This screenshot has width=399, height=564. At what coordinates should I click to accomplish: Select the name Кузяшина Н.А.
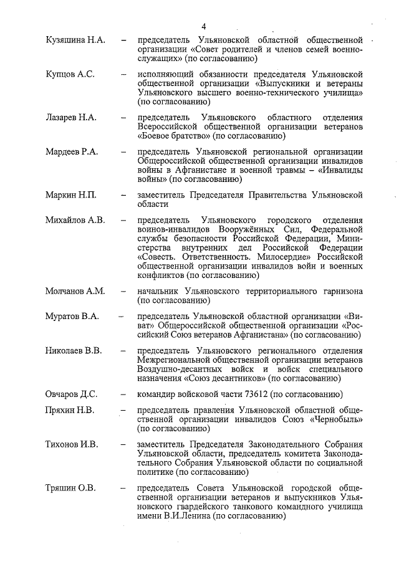[75, 40]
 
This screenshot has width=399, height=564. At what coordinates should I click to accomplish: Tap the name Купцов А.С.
[70, 74]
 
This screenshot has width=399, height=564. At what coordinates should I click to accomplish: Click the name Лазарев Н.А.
[72, 117]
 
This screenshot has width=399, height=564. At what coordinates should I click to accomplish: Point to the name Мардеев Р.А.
[73, 151]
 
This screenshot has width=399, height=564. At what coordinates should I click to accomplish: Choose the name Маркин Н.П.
[71, 195]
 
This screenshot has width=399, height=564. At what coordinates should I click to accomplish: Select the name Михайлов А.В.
[75, 221]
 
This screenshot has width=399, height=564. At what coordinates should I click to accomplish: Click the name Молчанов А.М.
[75, 291]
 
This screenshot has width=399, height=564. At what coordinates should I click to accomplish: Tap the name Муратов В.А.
[72, 317]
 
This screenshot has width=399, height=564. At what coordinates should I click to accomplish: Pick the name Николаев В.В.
[74, 351]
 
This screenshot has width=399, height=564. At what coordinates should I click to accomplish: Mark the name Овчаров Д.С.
[72, 394]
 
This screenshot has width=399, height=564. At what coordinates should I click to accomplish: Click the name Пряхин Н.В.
[70, 411]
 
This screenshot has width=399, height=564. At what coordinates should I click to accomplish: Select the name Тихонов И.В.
[72, 445]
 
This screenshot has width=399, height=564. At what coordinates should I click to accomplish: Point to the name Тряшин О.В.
[70, 488]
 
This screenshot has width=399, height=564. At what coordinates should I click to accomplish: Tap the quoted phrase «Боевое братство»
[173, 135]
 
